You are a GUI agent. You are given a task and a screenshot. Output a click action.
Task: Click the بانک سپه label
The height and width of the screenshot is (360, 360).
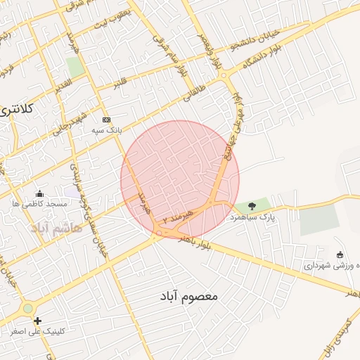(x=108, y=130)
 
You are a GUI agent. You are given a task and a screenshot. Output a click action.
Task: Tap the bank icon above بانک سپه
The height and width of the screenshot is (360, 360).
(x=106, y=120)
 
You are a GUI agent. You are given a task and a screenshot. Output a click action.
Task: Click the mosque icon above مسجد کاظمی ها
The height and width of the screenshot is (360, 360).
(x=39, y=193)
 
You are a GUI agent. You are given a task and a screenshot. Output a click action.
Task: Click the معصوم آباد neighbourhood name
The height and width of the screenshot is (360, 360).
(x=184, y=297)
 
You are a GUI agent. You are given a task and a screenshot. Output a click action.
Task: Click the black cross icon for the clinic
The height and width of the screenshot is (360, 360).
(x=37, y=321)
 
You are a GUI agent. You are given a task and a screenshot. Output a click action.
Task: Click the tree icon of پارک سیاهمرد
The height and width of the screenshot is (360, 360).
(x=252, y=205)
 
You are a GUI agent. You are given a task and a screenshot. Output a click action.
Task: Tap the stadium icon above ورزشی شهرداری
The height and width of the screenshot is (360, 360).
(x=340, y=255)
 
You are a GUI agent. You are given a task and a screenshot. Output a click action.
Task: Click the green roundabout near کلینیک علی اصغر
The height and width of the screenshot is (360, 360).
(x=27, y=308)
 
